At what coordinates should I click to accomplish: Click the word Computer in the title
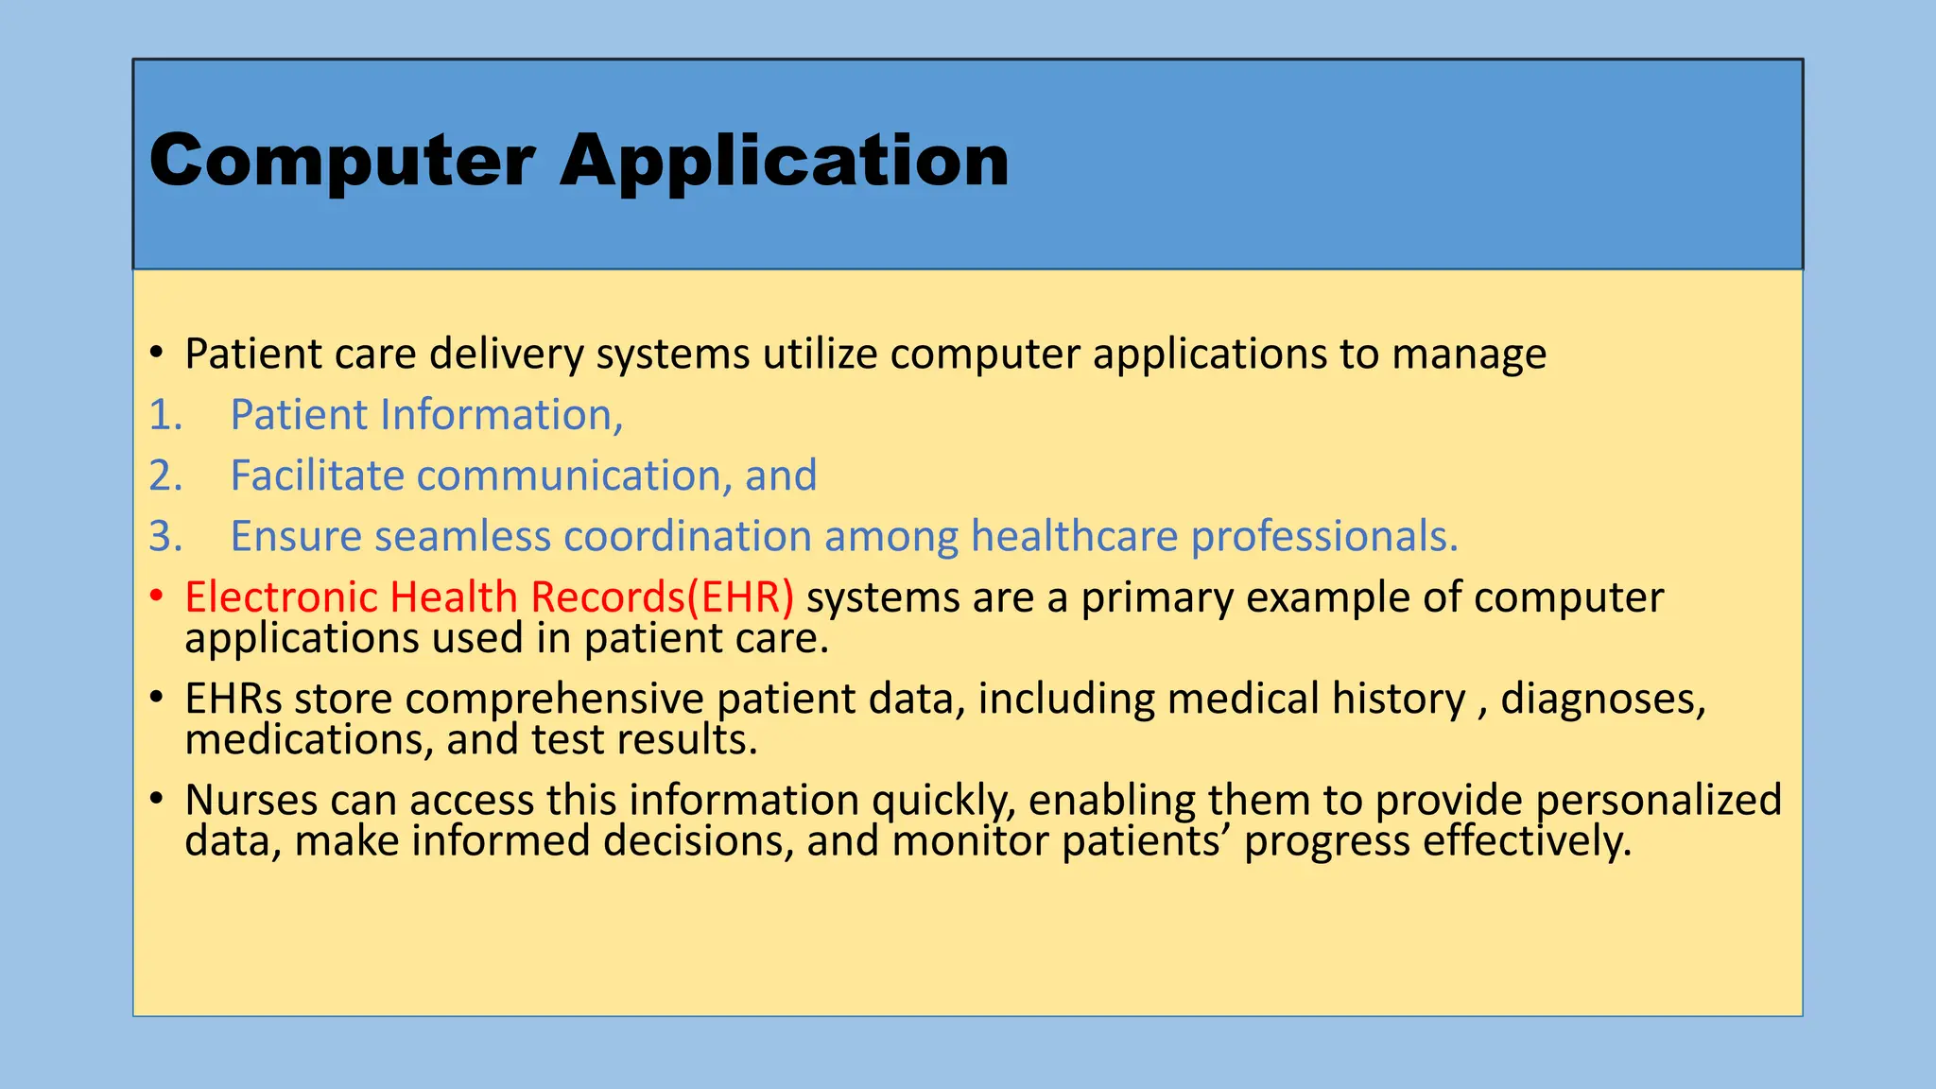[342, 161]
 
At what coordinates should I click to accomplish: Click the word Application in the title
[784, 161]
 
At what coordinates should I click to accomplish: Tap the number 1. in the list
[165, 415]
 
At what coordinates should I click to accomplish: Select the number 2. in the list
[165, 475]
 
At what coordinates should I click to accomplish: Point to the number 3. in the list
[165, 536]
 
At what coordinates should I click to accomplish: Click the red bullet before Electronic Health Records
[157, 596]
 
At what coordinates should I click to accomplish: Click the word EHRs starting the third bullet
[233, 699]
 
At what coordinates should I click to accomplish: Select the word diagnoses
[1602, 700]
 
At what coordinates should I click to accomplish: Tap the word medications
[308, 740]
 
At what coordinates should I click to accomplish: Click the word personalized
[1658, 801]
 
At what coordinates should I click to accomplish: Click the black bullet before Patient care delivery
[157, 354]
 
